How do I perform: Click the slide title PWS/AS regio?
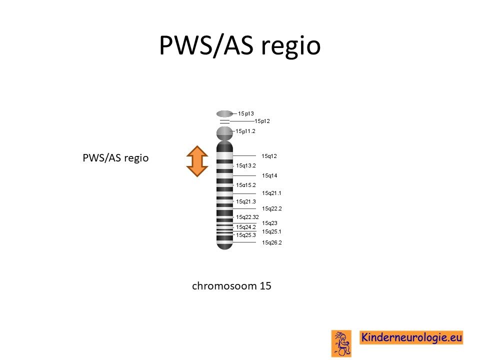[x=239, y=45]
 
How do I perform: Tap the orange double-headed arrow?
[x=197, y=161]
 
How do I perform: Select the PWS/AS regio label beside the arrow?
[x=115, y=158]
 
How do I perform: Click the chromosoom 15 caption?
[x=231, y=285]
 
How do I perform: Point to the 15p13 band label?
[x=246, y=113]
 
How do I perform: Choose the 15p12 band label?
[x=262, y=121]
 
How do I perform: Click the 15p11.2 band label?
[x=245, y=131]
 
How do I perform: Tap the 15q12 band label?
[x=269, y=156]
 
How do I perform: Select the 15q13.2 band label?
[x=246, y=165]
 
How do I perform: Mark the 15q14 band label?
[x=269, y=175]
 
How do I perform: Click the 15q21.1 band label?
[x=271, y=193]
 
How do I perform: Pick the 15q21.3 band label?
[x=246, y=201]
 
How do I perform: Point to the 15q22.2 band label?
[x=272, y=209]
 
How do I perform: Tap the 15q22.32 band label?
[x=247, y=217]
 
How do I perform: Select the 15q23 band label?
[x=269, y=223]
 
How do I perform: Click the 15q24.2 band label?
[x=246, y=227]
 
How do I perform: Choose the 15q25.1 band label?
[x=271, y=231]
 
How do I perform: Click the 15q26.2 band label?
[x=272, y=243]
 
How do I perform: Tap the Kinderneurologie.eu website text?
[x=411, y=337]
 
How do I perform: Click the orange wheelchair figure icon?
[x=341, y=343]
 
